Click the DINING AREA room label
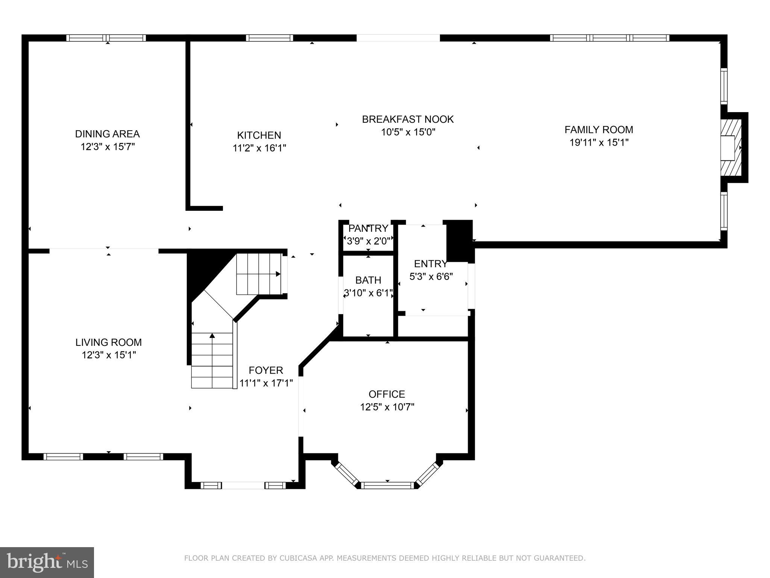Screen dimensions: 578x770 click(107, 134)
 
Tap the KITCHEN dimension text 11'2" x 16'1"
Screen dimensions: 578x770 click(259, 148)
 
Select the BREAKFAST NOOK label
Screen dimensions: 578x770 click(408, 119)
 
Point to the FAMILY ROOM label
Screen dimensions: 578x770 click(599, 130)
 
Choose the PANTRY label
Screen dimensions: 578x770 click(368, 228)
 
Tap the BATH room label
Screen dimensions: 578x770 click(368, 280)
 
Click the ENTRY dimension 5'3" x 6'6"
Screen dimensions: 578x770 click(431, 277)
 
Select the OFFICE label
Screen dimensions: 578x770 click(387, 394)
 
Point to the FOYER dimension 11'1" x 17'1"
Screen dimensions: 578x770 click(266, 383)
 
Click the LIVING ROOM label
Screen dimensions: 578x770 click(108, 342)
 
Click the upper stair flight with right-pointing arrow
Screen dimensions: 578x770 click(259, 274)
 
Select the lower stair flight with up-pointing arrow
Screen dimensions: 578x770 click(212, 360)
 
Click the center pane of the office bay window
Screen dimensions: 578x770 click(387, 485)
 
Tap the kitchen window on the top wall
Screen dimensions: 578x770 click(269, 38)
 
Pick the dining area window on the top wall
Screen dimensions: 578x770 click(106, 38)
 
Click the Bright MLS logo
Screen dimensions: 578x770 click(47, 562)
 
